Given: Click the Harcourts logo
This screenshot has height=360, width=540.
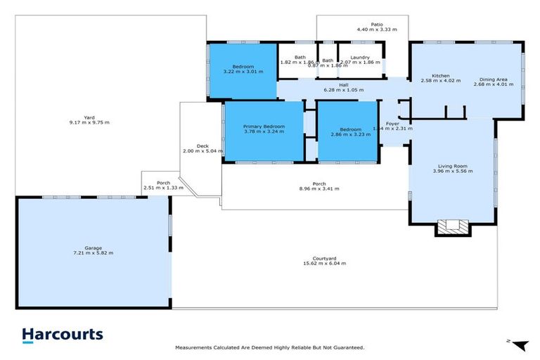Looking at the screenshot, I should pyautogui.click(x=62, y=335).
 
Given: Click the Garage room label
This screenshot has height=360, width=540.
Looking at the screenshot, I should pyautogui.click(x=93, y=247).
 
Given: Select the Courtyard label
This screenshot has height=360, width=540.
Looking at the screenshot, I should pyautogui.click(x=324, y=258).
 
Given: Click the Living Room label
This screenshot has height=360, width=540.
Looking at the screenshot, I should pyautogui.click(x=451, y=167).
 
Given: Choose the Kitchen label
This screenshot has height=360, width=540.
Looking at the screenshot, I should pyautogui.click(x=440, y=75).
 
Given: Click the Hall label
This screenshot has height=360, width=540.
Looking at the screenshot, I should pyautogui.click(x=344, y=85).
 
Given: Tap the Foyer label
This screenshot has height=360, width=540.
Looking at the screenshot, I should pyautogui.click(x=392, y=123).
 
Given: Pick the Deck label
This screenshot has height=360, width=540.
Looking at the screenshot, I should pyautogui.click(x=202, y=146).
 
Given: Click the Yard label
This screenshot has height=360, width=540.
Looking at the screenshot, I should pyautogui.click(x=89, y=117).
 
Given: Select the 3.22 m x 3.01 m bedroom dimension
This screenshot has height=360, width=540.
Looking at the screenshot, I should pyautogui.click(x=243, y=71).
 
